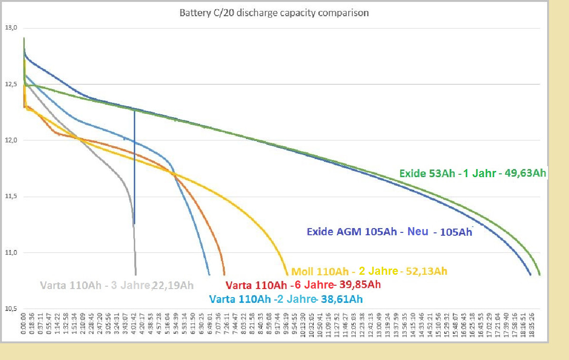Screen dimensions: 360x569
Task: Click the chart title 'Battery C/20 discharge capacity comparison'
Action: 274,13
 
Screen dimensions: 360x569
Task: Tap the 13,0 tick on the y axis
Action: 11,28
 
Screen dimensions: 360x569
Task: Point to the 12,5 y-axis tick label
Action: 11,84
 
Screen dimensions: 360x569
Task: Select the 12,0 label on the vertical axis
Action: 11,140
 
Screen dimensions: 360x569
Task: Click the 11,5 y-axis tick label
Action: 11,197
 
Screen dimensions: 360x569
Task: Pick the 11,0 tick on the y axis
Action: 11,253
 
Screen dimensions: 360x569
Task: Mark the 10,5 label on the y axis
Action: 11,309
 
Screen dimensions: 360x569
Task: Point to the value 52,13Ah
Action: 426,271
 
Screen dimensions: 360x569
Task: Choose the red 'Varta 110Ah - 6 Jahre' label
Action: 279,285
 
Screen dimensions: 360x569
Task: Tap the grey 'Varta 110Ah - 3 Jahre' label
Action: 94,286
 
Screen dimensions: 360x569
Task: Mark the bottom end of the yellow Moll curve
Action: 287,274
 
